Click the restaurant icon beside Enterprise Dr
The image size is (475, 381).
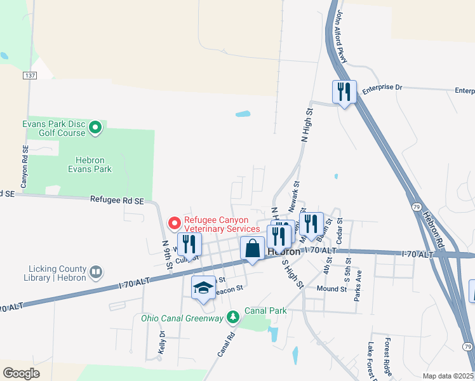(344, 92)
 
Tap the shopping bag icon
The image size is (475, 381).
(253, 248)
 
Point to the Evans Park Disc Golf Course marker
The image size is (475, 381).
(95, 128)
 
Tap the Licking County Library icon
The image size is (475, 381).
(95, 272)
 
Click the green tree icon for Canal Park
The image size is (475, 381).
(234, 316)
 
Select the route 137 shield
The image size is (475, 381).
(29, 76)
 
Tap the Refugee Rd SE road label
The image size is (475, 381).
(117, 201)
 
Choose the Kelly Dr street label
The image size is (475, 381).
(162, 342)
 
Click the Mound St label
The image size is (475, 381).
(333, 288)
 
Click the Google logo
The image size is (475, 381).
(21, 373)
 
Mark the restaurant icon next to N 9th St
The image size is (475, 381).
(189, 244)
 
